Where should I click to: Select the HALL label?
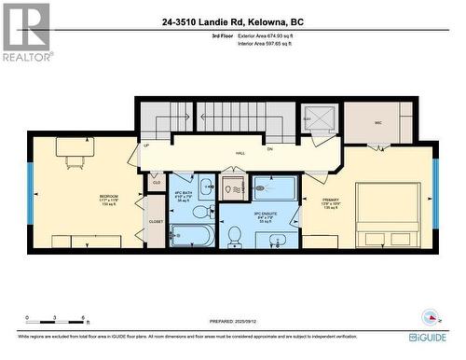point(240,152)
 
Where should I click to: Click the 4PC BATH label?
point(183,193)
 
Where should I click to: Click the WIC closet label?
point(378,122)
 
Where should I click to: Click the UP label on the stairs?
point(146,145)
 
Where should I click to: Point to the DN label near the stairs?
point(270,148)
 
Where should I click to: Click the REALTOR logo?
point(25,32)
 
